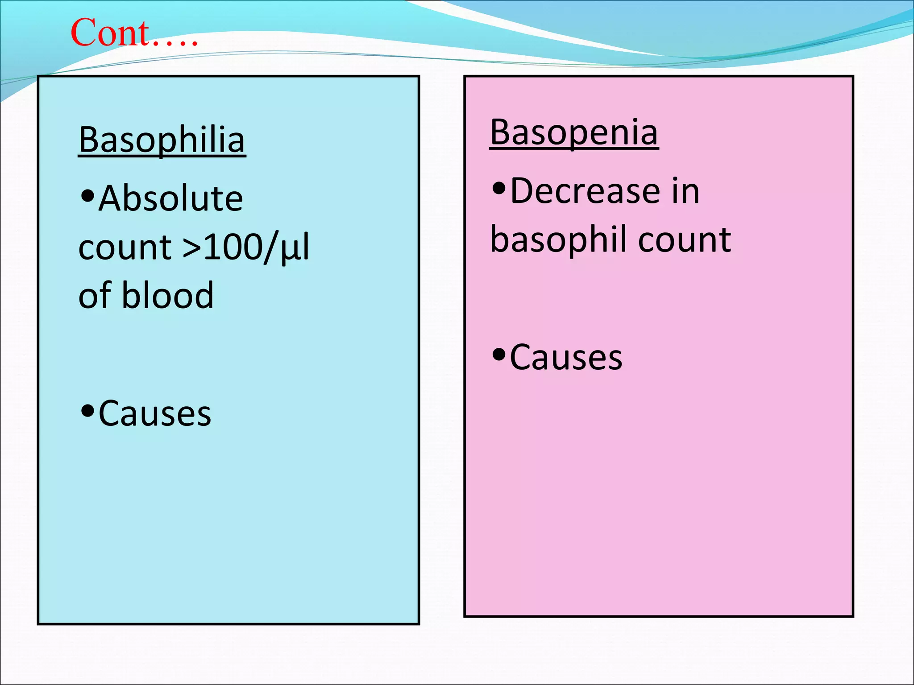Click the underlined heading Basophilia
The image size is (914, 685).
[162, 140]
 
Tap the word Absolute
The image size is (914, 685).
[171, 198]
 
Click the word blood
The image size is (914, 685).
[168, 295]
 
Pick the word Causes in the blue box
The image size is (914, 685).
[155, 414]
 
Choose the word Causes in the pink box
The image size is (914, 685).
[566, 358]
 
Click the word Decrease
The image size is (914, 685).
[585, 191]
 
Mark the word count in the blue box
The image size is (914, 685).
[125, 247]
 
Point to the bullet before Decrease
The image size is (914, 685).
[499, 189]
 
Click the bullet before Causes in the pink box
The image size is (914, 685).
[499, 355]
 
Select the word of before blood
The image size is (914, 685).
[94, 295]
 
